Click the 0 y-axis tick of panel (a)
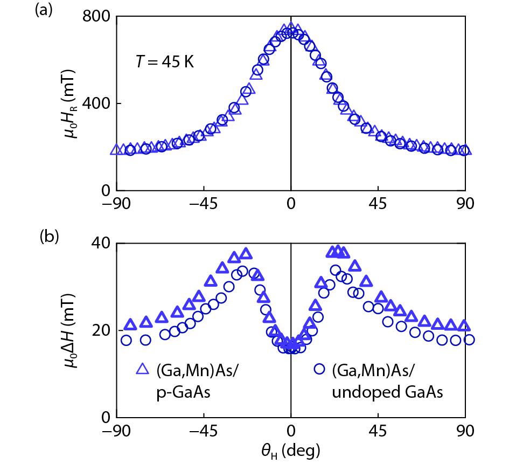(x=105, y=191)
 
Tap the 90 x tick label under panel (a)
(x=465, y=205)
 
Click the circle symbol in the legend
(x=319, y=369)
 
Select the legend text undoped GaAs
(x=387, y=393)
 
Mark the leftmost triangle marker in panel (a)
(x=115, y=150)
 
